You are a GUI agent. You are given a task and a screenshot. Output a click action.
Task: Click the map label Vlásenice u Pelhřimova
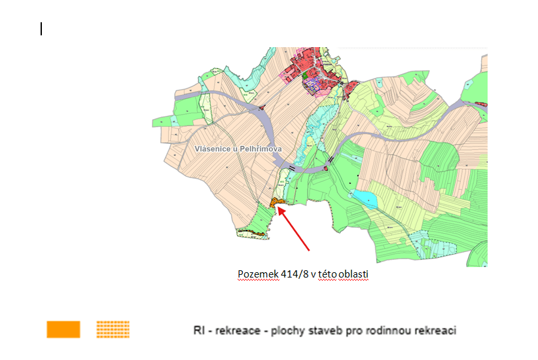click(x=238, y=149)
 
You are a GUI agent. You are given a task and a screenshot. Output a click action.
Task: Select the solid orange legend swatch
click(x=63, y=329)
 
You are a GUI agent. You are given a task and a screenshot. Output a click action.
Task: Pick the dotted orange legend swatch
click(x=113, y=329)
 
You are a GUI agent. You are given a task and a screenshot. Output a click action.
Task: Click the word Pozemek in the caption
click(x=253, y=275)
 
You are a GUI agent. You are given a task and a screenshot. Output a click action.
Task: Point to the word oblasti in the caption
click(x=353, y=275)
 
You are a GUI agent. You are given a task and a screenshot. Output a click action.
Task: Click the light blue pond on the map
click(x=363, y=199)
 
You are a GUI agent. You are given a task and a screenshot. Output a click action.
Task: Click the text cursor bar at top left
click(x=41, y=28)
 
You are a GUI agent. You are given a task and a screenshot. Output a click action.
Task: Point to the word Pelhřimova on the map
click(x=260, y=149)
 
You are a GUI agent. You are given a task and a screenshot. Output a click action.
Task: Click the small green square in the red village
click(x=305, y=76)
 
